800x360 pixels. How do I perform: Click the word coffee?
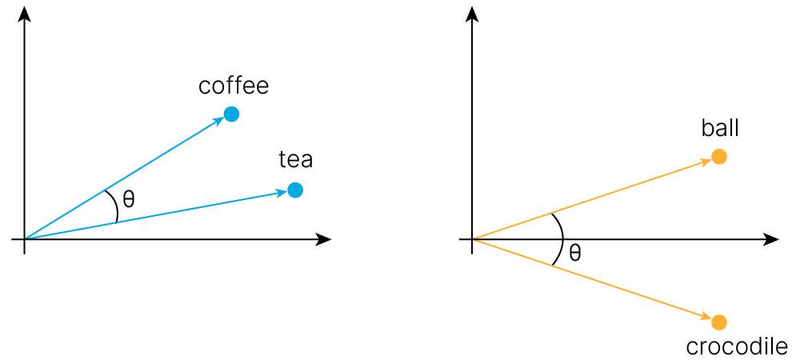234,86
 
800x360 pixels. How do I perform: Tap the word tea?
295,160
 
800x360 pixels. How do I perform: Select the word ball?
720,128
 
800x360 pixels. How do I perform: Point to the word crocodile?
737,346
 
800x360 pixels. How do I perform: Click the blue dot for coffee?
231,114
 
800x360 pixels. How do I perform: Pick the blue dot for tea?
294,190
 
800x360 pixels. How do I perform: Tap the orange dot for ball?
719,157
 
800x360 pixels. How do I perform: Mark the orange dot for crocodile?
719,322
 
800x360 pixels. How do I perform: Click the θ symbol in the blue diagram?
128,198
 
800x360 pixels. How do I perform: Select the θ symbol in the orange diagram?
574,254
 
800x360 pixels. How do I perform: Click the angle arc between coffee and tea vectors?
115,206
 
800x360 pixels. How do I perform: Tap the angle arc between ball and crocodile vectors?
562,238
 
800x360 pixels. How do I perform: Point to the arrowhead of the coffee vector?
219,121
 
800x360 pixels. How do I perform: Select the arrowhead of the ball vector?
706,161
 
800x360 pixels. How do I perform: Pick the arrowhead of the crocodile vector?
706,318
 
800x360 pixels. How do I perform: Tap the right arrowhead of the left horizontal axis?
325,239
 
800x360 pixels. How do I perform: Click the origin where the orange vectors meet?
472,239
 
